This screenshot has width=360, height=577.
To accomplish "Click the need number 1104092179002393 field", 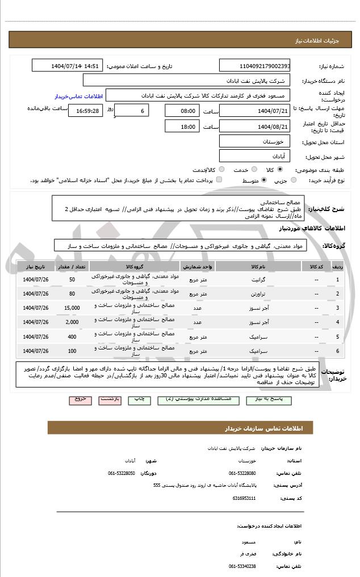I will click(x=255, y=66).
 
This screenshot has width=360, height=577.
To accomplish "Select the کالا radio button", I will click(x=280, y=169).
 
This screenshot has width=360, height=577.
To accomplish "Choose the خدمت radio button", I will click(x=253, y=169).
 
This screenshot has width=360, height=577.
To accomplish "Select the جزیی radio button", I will click(x=294, y=180).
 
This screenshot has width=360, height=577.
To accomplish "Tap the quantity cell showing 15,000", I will click(x=72, y=308).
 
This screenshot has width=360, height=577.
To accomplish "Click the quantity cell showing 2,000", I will click(x=72, y=322).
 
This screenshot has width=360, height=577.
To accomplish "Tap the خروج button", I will click(x=80, y=399).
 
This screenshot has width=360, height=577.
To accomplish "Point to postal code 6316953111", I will click(x=244, y=498).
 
